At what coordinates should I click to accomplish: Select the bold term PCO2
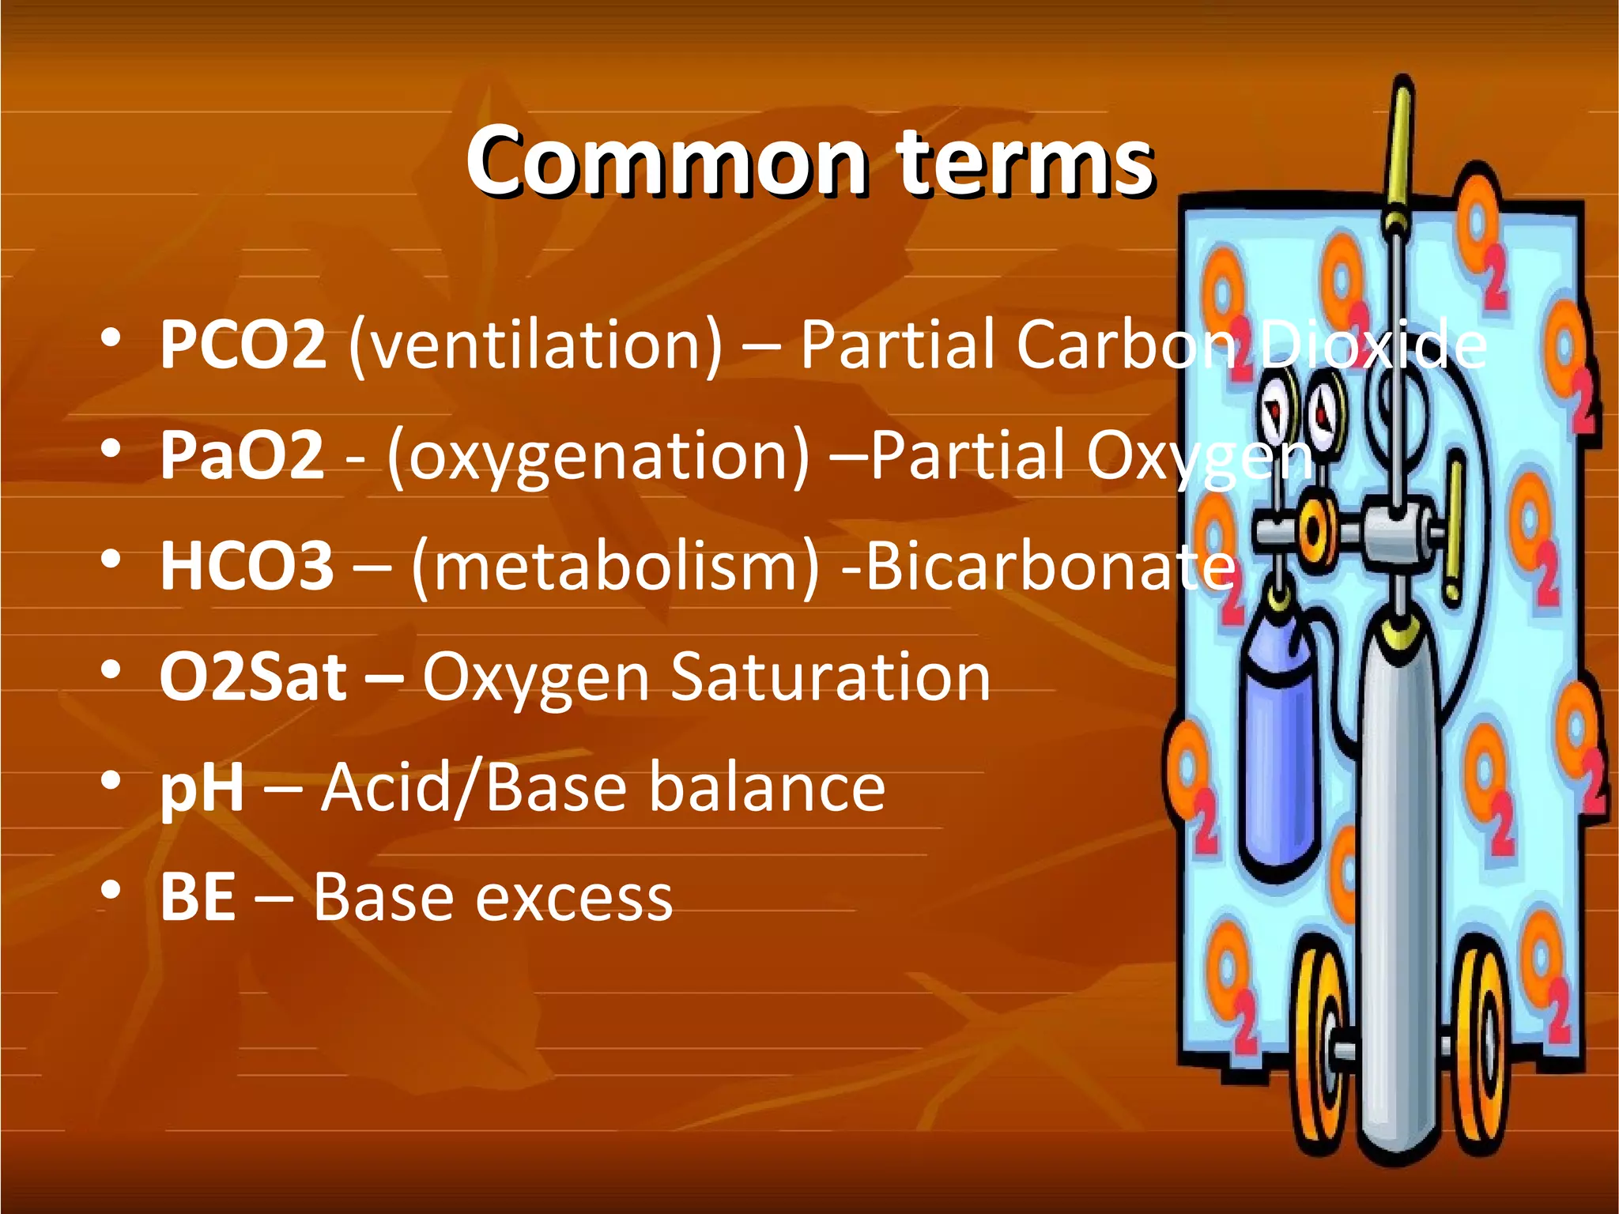coord(243,345)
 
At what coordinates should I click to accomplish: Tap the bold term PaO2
coord(242,455)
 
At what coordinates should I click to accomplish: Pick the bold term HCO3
coord(247,566)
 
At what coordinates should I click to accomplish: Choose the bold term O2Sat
coord(253,677)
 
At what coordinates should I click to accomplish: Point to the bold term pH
coord(202,789)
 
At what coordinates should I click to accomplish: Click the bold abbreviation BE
coord(198,898)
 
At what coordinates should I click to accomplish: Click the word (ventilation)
coord(535,345)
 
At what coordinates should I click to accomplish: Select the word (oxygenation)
coord(598,455)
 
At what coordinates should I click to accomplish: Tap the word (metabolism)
coord(615,566)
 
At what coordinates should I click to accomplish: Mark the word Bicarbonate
coord(1051,566)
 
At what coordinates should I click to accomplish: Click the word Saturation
coord(830,677)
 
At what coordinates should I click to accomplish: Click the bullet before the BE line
coord(111,892)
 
